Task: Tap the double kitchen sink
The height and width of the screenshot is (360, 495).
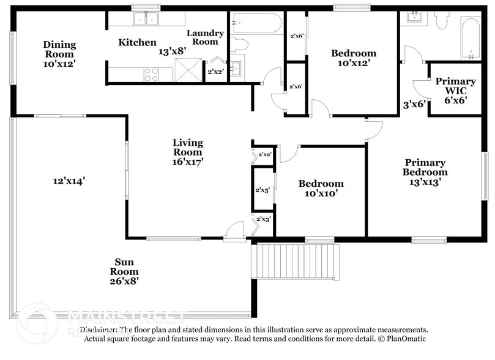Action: point(146,20)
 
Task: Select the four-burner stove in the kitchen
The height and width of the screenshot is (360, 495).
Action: point(151,74)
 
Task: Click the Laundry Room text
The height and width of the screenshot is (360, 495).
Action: point(205,37)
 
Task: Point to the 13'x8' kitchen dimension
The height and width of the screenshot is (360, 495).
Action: point(173,53)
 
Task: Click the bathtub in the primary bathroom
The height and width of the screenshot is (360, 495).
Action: point(471,39)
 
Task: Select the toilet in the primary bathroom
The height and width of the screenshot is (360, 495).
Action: point(441,20)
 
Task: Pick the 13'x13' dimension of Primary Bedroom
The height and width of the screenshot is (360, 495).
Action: point(424,181)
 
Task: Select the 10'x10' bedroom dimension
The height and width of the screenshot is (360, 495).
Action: point(321,193)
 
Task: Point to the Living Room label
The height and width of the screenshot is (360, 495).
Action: point(187,147)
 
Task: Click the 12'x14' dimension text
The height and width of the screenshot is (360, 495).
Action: point(69,181)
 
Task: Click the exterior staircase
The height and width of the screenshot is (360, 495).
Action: point(296,261)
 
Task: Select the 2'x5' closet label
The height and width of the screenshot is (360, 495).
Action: point(262,190)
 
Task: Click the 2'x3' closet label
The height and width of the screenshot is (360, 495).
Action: point(263,219)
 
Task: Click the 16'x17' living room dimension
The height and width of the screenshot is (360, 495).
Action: point(187,162)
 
